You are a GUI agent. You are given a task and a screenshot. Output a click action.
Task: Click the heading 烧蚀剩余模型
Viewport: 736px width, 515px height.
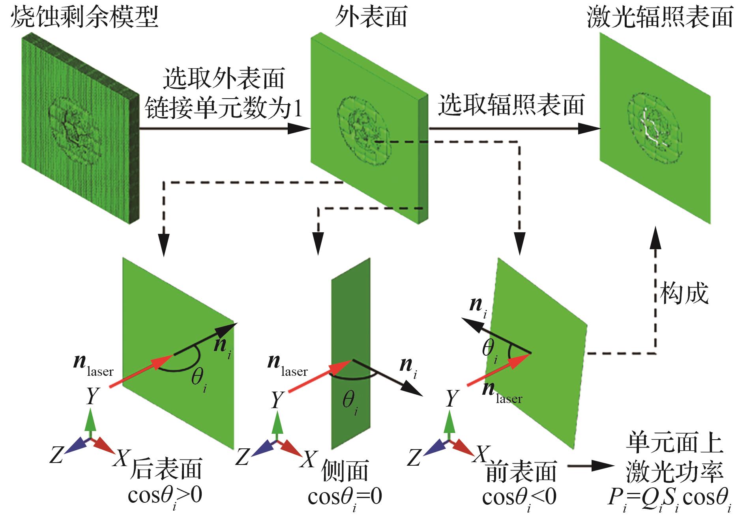coord(84,17)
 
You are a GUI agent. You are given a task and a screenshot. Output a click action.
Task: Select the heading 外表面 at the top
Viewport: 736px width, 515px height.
coord(371,17)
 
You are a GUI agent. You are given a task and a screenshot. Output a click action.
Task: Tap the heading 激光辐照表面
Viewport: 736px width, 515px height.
coord(659,17)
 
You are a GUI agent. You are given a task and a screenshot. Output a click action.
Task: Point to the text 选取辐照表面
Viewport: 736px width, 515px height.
coord(511,105)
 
